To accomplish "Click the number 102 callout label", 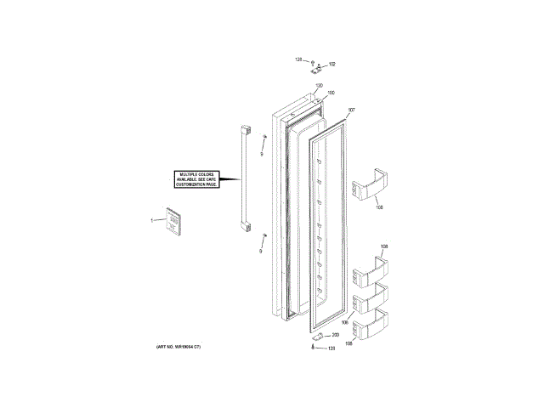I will point(332,65).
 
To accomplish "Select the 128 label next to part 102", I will point(298,59).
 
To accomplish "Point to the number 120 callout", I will point(319,86).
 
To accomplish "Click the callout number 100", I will point(331,93).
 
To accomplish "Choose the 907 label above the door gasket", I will point(352,110).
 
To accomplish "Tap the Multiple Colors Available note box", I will point(196,179).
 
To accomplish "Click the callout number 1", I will point(152,221).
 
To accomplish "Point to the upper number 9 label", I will point(262,154).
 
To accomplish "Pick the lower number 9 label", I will point(262,252).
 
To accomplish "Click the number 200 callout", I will point(335,336).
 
